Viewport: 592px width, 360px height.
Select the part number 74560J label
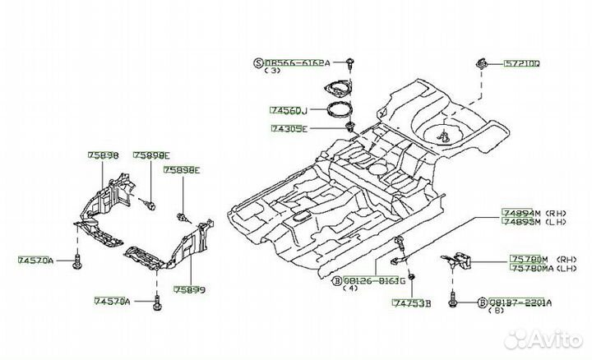pyautogui.click(x=288, y=109)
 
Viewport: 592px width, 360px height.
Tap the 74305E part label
pyautogui.click(x=289, y=129)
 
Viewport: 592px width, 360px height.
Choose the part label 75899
pyautogui.click(x=189, y=290)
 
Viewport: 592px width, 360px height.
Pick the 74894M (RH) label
pyautogui.click(x=526, y=212)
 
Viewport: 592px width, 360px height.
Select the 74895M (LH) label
pyautogui.click(x=526, y=221)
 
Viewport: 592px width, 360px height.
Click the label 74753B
pyautogui.click(x=411, y=303)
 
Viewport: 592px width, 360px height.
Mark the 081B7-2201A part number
pyautogui.click(x=523, y=302)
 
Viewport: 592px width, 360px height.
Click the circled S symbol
pyautogui.click(x=257, y=62)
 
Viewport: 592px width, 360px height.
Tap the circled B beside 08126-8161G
pyautogui.click(x=335, y=280)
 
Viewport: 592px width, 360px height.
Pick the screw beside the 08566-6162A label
pyautogui.click(x=352, y=62)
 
